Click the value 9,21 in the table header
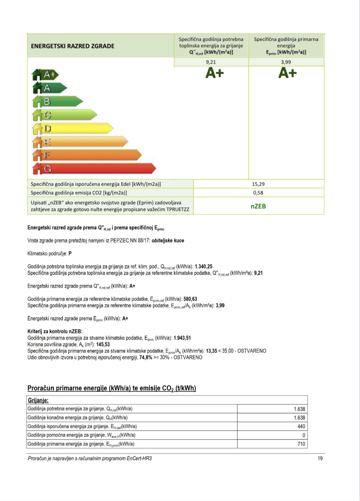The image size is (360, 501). (211, 62)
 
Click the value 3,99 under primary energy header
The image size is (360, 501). (286, 62)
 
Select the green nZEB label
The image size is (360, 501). (258, 206)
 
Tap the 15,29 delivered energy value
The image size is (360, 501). (258, 184)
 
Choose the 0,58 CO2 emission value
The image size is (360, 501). (258, 193)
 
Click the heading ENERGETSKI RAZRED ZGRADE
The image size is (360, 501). (73, 46)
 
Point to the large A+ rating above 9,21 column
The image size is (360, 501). (214, 73)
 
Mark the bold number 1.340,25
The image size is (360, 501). (204, 266)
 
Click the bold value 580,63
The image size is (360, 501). (190, 299)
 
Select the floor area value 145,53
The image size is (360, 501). (103, 345)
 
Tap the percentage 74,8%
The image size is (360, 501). (146, 357)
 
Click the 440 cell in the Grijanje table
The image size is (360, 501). (301, 426)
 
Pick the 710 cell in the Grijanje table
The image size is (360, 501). (301, 444)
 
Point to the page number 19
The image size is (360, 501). (320, 458)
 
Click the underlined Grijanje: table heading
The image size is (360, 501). (38, 400)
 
